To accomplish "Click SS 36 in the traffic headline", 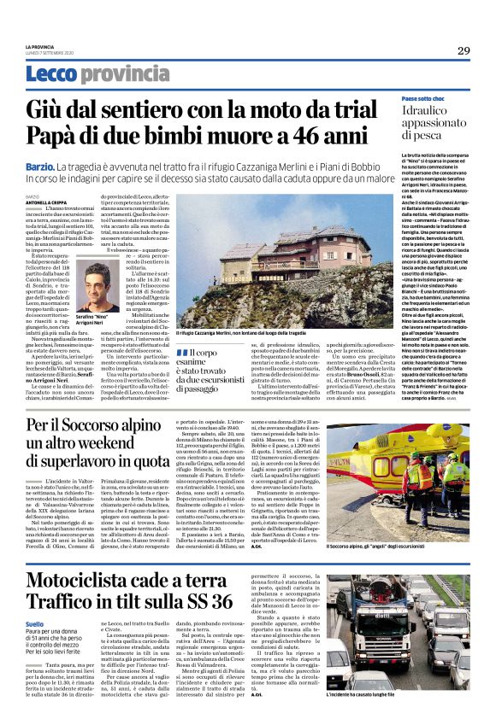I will [x=206, y=578].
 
